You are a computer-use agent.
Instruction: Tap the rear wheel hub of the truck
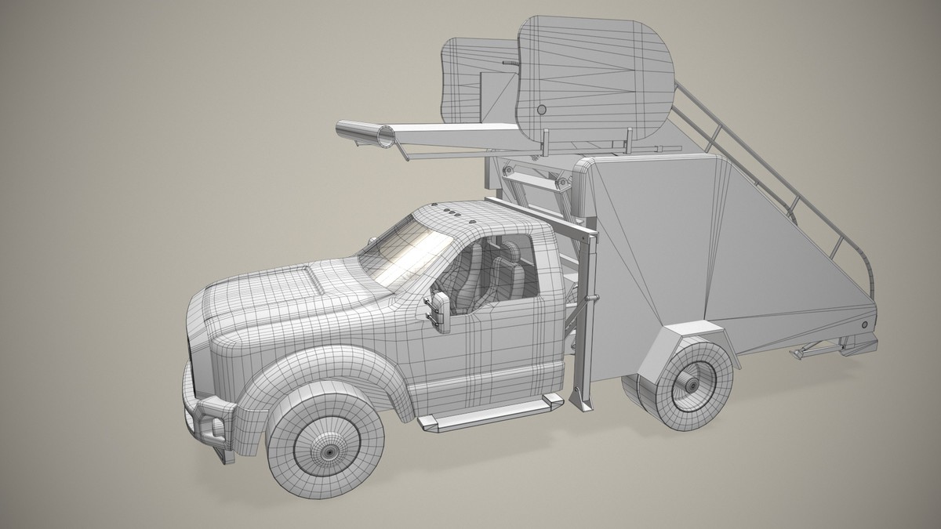[690, 386]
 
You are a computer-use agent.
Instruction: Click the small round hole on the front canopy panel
[540, 109]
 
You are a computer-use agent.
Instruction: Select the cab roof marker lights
[453, 212]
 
